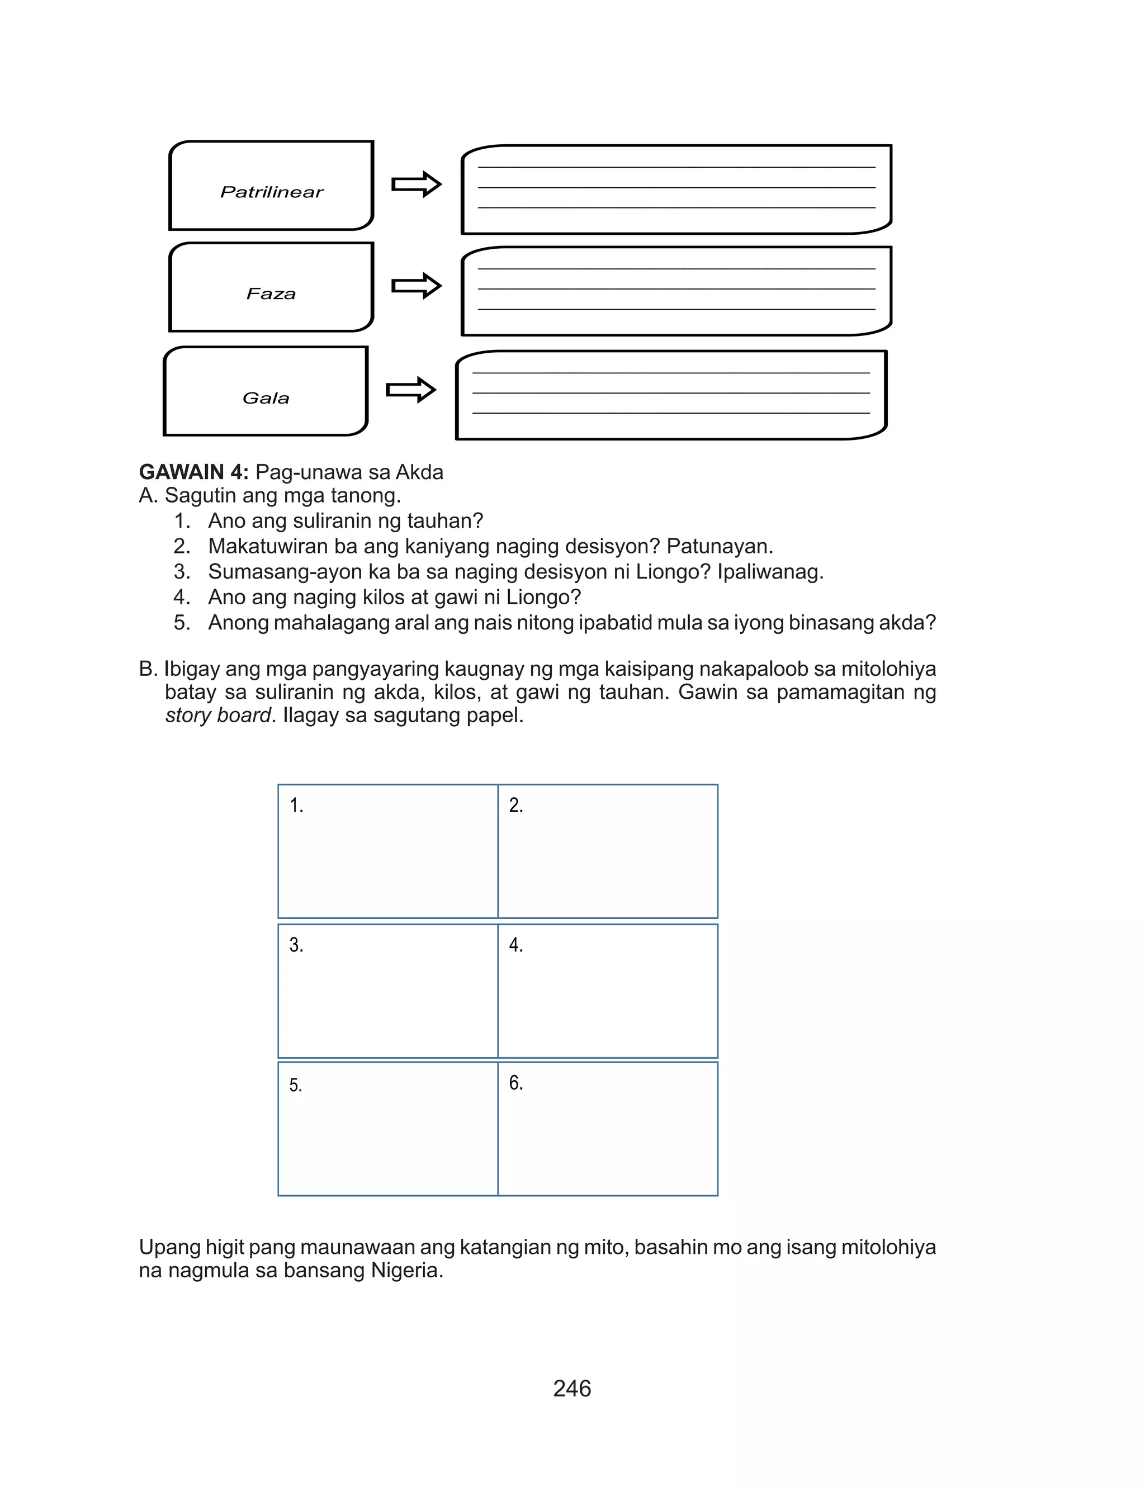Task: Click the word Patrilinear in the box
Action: coord(271,192)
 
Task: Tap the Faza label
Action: coord(271,293)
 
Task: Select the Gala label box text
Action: coord(266,398)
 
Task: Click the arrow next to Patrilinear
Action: coord(417,184)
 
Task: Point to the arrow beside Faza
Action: coord(417,286)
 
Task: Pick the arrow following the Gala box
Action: coord(411,390)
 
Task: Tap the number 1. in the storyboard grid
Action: coord(296,806)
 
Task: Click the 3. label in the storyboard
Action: coord(296,944)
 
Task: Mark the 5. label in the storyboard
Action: coord(295,1084)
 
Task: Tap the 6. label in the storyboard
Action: coord(516,1083)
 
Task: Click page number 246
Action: coord(572,1389)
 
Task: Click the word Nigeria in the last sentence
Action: coord(406,1270)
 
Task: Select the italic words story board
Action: coord(218,716)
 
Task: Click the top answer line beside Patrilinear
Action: coord(676,167)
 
